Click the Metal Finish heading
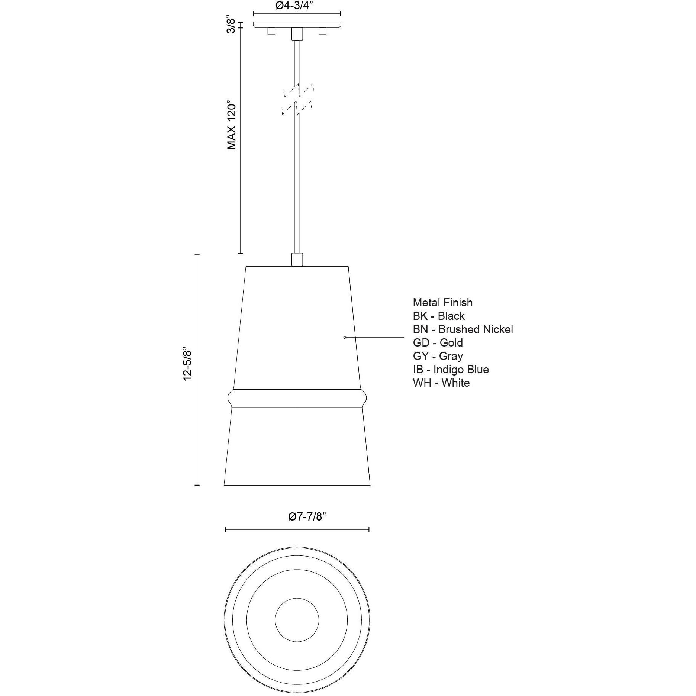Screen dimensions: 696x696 [442, 303]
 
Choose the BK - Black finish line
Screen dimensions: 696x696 [439, 316]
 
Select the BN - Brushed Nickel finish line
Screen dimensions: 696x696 [463, 329]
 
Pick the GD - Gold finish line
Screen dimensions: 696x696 [438, 343]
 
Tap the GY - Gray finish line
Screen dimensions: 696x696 [438, 356]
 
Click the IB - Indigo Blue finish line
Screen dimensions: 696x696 [451, 370]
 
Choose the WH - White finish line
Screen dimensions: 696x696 [441, 383]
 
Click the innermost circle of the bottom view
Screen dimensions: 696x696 [297, 620]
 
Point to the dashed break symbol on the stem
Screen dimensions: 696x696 [297, 99]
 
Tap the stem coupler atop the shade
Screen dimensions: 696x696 [297, 260]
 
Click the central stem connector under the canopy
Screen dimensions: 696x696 [297, 33]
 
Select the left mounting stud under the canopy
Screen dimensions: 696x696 [271, 31]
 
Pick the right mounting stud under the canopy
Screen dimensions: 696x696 [322, 31]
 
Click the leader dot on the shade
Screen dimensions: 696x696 [345, 338]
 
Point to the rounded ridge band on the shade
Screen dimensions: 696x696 [297, 399]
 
